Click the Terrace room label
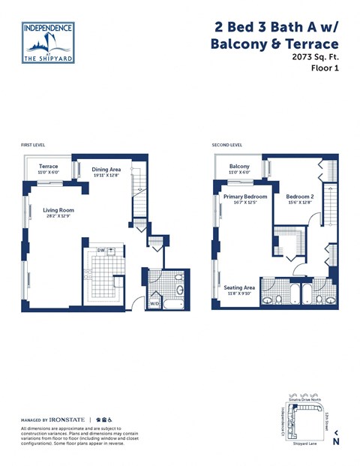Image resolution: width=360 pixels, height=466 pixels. (x=49, y=166)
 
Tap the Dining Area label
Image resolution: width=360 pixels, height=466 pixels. (x=106, y=170)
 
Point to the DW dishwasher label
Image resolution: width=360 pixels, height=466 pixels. (x=100, y=250)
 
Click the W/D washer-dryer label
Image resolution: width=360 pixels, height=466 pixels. (x=154, y=304)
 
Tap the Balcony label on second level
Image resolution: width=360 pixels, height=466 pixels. (x=239, y=166)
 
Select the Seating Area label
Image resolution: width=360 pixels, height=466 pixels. (x=239, y=287)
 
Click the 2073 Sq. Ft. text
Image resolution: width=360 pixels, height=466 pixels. (x=314, y=56)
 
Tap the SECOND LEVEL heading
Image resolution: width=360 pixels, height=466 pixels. (x=227, y=144)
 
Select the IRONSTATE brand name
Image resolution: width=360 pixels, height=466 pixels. (x=68, y=419)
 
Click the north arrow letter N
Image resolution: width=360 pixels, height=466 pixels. (x=336, y=441)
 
